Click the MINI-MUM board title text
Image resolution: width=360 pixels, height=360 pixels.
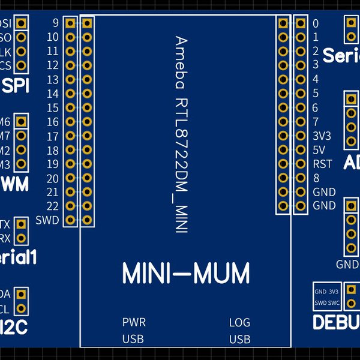coord(185,274)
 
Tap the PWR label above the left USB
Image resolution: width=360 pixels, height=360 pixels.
coord(134,322)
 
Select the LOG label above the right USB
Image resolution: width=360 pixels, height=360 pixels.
coord(239,322)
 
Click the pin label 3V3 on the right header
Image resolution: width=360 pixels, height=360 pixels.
coord(322,136)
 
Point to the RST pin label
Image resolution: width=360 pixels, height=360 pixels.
coord(322,164)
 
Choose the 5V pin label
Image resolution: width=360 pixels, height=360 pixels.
coord(319,150)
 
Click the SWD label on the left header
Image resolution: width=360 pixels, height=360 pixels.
coord(47,220)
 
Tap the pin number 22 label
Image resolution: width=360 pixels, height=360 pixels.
coord(52,206)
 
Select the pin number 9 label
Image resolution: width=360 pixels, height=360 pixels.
coord(55,23)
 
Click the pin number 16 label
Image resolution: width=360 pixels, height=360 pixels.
coord(52,122)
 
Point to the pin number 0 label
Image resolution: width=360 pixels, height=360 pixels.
coord(316,23)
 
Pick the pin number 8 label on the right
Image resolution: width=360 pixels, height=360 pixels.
coord(316,178)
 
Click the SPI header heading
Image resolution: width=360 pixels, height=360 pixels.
coord(16,86)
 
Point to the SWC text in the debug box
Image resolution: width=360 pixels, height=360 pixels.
coord(334,302)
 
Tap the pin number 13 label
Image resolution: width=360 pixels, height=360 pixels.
coord(52,80)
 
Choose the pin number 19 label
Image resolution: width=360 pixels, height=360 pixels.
coord(52,164)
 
